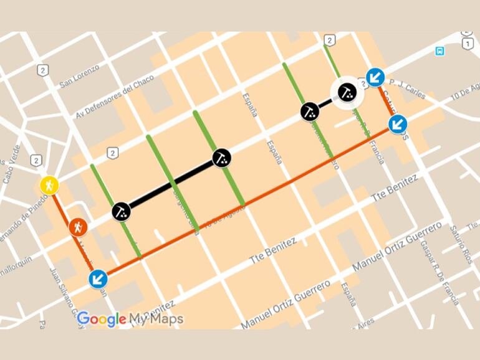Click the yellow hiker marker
coord(49,185)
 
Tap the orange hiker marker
coord(78,227)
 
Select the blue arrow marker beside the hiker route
coord(98,278)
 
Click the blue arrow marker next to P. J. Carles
coord(375,77)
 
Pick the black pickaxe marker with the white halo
coord(347,93)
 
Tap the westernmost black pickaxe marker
coord(122,211)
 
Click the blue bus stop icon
coord(440,50)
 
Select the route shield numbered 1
coord(467,44)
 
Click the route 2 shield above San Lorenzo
coord(42,70)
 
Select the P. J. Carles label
coord(408,90)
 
